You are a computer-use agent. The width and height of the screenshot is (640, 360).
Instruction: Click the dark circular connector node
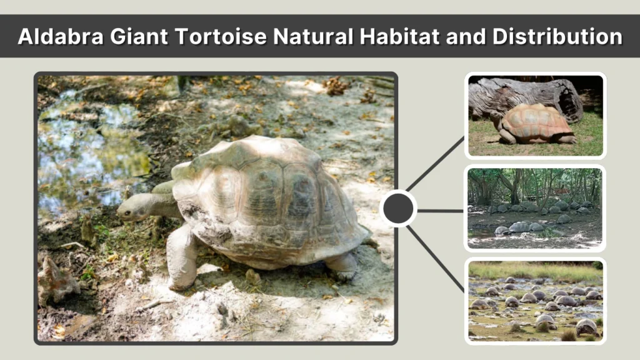(x=399, y=209)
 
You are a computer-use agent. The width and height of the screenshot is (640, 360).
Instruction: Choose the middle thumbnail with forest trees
(x=535, y=208)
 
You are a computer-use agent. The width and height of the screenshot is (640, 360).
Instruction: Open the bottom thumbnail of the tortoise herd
(x=535, y=301)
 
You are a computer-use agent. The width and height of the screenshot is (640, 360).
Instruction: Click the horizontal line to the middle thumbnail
(x=440, y=211)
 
